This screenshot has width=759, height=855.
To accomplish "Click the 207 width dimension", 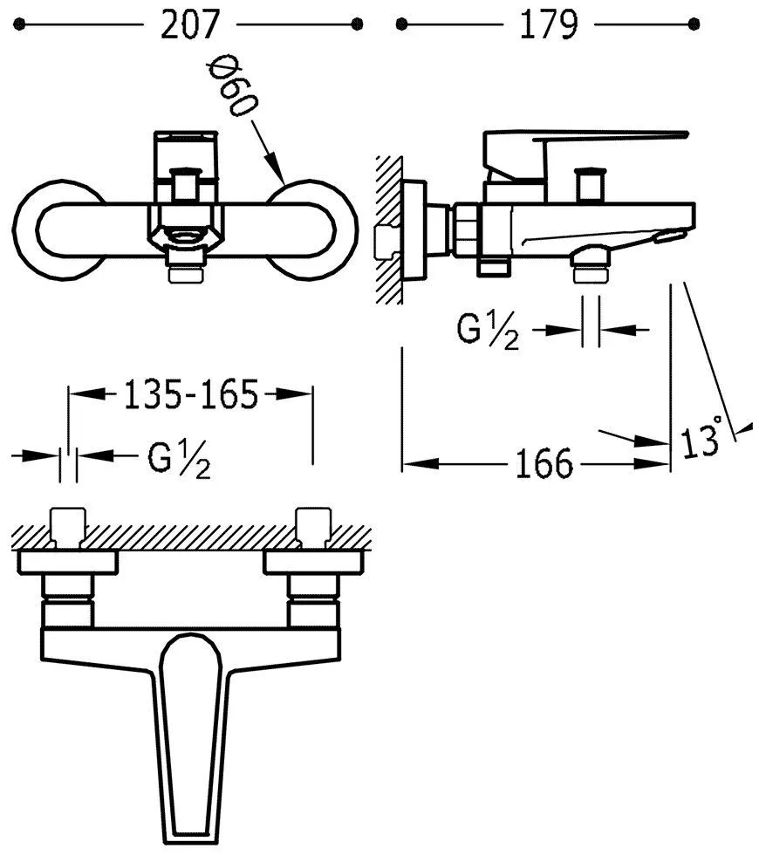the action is click(x=190, y=25).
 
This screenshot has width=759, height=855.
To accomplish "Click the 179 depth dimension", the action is click(x=549, y=25).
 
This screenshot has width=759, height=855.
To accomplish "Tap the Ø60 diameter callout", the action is click(x=232, y=88).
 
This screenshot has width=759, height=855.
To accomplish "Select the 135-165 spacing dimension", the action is click(x=191, y=394).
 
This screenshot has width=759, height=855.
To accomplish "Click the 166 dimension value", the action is click(x=544, y=464).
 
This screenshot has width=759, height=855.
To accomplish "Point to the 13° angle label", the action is click(x=701, y=439).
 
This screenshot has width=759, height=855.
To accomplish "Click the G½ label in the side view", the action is click(x=488, y=331).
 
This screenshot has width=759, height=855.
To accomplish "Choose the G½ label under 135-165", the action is click(x=180, y=458).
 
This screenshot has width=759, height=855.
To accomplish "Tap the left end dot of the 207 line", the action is click(x=19, y=24).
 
